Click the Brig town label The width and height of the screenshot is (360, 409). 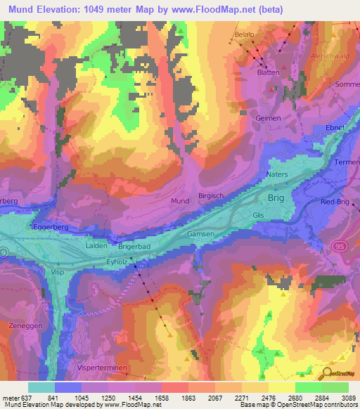pos(277,199)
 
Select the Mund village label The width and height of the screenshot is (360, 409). pos(180,201)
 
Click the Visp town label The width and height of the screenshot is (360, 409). pos(58,271)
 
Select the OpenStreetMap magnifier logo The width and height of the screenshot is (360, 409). pos(328,372)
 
